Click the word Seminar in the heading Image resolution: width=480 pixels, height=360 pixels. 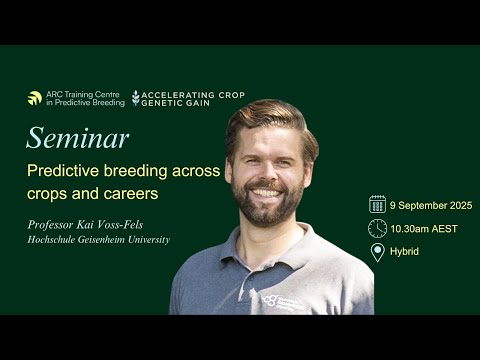click(77, 137)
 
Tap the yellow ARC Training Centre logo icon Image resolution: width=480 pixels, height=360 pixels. click(35, 98)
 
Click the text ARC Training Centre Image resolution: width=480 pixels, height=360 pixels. click(85, 93)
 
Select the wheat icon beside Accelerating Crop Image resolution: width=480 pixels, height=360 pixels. click(135, 97)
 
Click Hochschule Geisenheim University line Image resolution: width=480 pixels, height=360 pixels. click(98, 240)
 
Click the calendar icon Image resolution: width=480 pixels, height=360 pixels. click(377, 204)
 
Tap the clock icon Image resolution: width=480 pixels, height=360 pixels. click(377, 228)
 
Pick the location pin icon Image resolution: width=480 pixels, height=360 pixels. click(377, 252)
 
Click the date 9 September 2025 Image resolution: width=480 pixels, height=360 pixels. click(431, 205)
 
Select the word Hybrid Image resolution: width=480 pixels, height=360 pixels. click(405, 251)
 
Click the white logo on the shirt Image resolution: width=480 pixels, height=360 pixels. click(271, 299)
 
